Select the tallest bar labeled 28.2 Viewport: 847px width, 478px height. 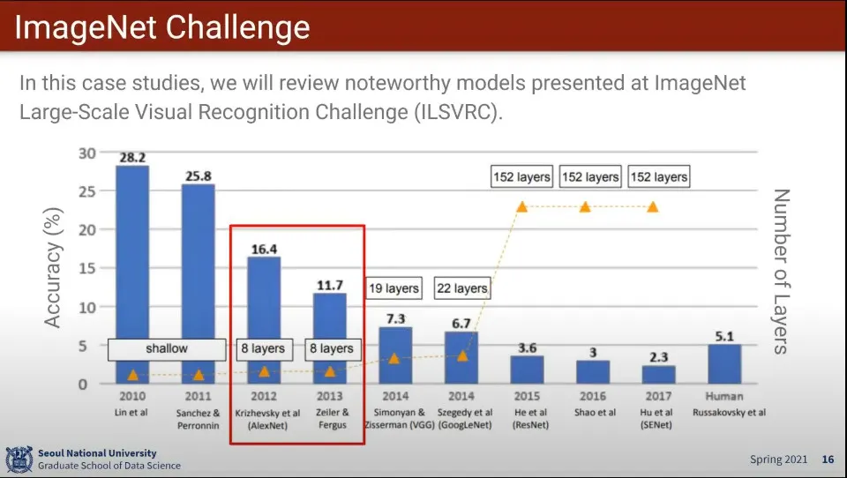tap(132, 274)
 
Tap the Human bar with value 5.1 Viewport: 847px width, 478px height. tap(724, 364)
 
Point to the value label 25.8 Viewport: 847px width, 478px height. tap(199, 176)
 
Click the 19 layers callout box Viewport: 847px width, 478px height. tap(394, 288)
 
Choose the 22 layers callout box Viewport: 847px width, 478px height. tap(462, 288)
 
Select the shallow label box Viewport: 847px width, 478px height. tap(167, 349)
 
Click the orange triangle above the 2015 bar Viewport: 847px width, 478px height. tap(521, 207)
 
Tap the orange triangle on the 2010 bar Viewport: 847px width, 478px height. tap(133, 375)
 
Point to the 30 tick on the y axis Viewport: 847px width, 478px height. tap(87, 153)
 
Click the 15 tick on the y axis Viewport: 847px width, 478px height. tap(87, 268)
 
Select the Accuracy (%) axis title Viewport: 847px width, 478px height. tap(53, 268)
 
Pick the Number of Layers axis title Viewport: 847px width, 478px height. tap(781, 272)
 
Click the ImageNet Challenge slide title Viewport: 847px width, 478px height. tap(162, 27)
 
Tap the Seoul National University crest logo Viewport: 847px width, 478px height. tap(19, 459)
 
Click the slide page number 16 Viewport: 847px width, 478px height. tap(828, 459)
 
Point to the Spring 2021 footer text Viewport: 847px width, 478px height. tap(778, 459)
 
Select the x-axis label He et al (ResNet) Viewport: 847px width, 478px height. tap(530, 419)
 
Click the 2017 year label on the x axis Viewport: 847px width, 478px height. tap(658, 397)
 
